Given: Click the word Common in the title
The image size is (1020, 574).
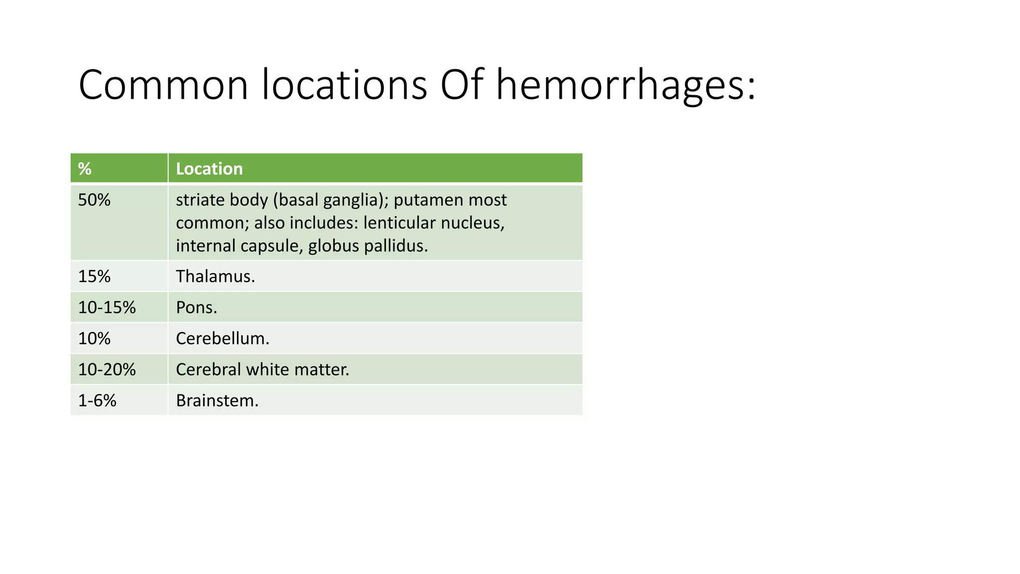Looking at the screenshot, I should click(x=163, y=85).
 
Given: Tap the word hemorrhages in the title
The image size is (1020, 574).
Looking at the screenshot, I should click(x=626, y=85).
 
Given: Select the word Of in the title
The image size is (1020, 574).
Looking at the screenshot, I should click(x=462, y=85).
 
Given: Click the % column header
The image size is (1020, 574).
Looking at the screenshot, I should click(x=85, y=169).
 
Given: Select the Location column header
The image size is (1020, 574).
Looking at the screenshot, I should click(x=209, y=169).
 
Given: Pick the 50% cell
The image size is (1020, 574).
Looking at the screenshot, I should click(x=94, y=200).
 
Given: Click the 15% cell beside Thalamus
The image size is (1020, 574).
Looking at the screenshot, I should click(x=94, y=277).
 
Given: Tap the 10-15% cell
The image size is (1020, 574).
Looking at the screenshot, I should click(x=107, y=307).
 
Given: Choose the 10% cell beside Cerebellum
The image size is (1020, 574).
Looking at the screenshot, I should click(x=94, y=339).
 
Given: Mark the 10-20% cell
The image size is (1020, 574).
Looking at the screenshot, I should click(x=107, y=370).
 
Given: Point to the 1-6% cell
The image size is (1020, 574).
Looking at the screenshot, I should click(x=97, y=401).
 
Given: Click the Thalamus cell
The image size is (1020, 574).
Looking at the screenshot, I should click(x=215, y=277).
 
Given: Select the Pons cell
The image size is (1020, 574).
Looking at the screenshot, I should click(x=196, y=307).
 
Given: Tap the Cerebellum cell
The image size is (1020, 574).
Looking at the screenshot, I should click(x=222, y=339).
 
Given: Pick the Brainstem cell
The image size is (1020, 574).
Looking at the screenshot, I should click(x=217, y=401).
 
